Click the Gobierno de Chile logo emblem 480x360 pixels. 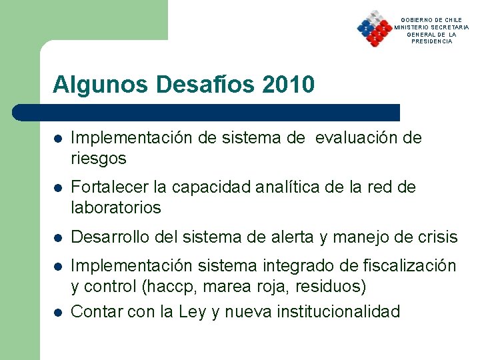coord(374,29)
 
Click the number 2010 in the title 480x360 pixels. coord(289,85)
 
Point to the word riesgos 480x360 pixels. coord(99,159)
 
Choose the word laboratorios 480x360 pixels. coord(116,208)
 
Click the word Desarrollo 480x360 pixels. coord(109,237)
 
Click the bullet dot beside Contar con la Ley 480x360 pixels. coord(58,312)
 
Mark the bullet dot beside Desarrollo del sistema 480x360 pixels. coord(58,237)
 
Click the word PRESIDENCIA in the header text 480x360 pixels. coord(432,41)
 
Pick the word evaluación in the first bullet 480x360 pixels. coord(351,138)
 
